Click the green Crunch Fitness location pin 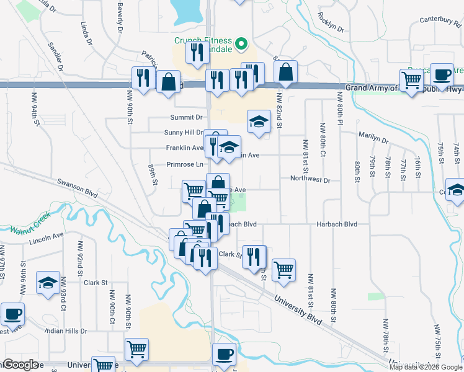pyautogui.click(x=242, y=44)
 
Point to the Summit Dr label pyautogui.click(x=186, y=117)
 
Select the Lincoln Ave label pyautogui.click(x=46, y=237)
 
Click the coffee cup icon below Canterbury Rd pyautogui.click(x=442, y=75)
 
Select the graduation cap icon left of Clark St pyautogui.click(x=48, y=283)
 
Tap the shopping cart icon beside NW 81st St pyautogui.click(x=283, y=270)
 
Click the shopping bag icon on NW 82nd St pyautogui.click(x=285, y=73)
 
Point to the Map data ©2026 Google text pyautogui.click(x=425, y=367)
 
